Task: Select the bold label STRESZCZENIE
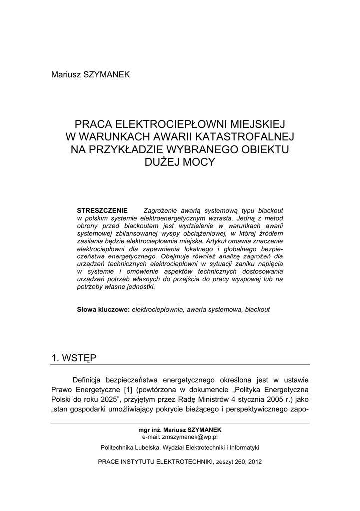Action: pos(102,210)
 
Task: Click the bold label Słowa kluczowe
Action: pos(103,309)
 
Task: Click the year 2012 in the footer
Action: pos(254,462)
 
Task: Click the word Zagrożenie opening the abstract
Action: pos(163,210)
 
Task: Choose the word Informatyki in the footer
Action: pos(243,447)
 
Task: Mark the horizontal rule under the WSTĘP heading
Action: pos(180,365)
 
